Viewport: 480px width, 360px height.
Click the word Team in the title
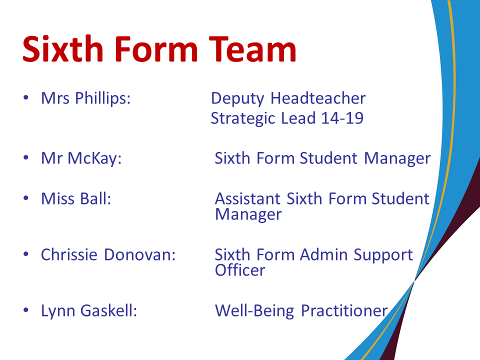point(252,49)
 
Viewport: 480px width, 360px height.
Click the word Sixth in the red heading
point(63,49)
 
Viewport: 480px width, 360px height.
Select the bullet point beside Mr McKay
point(26,158)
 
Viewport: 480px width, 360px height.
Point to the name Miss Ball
point(76,198)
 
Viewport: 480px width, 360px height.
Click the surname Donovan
point(140,254)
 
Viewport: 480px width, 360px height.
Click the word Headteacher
point(318,98)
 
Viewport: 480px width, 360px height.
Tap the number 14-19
point(342,118)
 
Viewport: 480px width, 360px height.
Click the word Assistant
point(247,198)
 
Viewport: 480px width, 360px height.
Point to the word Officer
point(240,270)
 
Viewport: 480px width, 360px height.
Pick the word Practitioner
point(344,310)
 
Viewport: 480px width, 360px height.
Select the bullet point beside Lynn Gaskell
point(26,310)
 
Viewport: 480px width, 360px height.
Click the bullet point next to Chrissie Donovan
point(26,254)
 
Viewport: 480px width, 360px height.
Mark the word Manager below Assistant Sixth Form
point(248,214)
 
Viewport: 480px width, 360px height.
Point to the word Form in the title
point(156,49)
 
